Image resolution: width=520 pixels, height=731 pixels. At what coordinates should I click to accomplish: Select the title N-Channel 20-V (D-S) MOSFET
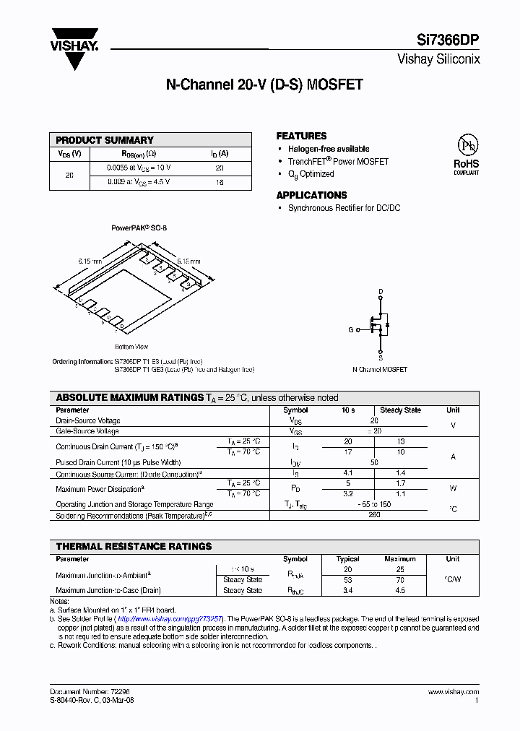point(264,85)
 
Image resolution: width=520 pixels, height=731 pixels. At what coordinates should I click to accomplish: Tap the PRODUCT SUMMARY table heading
point(105,140)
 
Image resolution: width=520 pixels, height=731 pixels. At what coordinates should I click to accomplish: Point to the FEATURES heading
point(301,136)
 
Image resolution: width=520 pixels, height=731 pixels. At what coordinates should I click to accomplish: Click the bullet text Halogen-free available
point(329,149)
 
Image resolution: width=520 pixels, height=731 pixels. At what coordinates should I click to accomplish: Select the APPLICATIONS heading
point(311,195)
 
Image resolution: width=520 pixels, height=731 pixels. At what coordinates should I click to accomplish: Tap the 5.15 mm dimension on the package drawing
point(188,260)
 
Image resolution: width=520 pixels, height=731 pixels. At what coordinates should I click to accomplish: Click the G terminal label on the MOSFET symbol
point(351,329)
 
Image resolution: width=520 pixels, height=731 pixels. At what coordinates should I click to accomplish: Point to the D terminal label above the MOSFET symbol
point(381,291)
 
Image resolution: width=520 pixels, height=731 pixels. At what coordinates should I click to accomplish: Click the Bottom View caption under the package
point(131,347)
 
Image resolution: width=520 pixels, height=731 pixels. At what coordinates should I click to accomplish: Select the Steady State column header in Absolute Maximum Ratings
point(400,410)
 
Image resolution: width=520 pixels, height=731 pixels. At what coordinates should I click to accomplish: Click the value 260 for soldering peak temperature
point(374,516)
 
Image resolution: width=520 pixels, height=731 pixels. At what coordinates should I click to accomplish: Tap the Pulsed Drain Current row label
point(118,462)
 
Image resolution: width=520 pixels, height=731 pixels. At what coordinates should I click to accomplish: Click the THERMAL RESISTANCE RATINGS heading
point(134,547)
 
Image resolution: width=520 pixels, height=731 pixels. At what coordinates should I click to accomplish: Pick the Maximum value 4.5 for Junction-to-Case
point(400,590)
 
